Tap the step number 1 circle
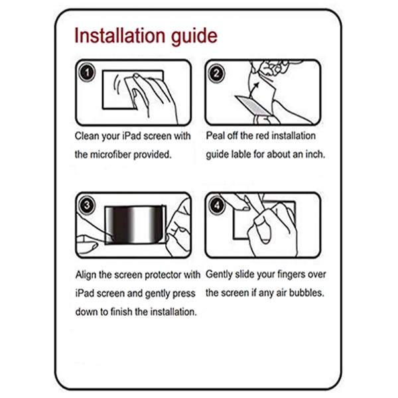[87, 72]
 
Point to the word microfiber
[113, 155]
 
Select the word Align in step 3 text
[86, 274]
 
